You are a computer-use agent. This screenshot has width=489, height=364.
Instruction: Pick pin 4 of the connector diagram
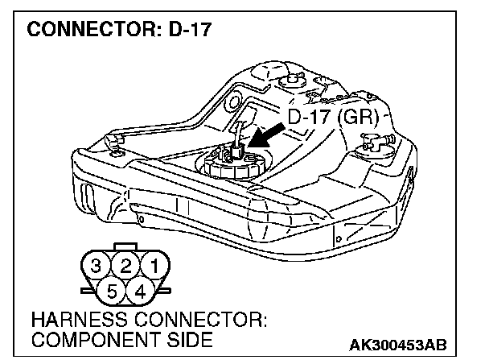(140, 288)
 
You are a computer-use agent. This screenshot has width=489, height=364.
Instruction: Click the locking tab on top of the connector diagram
(125, 245)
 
